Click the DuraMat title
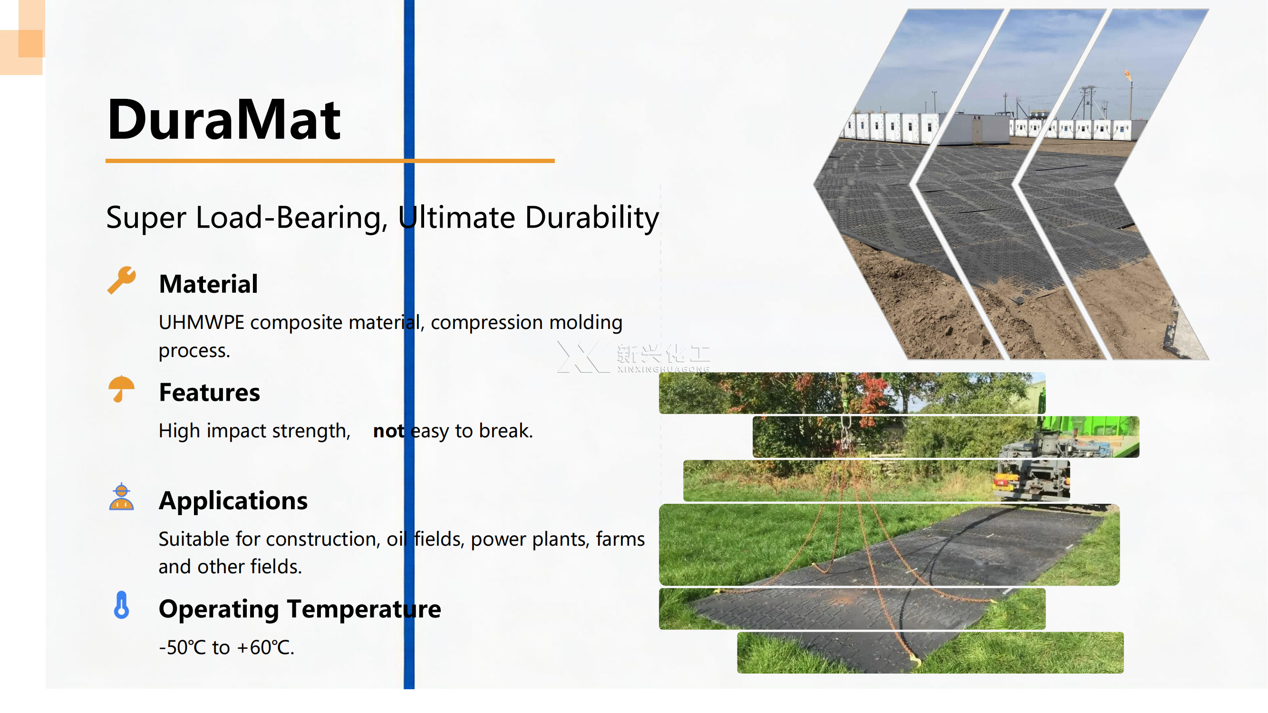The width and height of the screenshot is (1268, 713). pyautogui.click(x=224, y=120)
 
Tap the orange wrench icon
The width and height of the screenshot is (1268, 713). pyautogui.click(x=121, y=280)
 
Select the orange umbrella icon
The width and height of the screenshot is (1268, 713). pyautogui.click(x=121, y=389)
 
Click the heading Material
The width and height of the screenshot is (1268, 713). pyautogui.click(x=208, y=284)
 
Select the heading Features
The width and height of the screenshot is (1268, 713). pyautogui.click(x=209, y=392)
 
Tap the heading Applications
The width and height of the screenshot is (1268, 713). pyautogui.click(x=233, y=501)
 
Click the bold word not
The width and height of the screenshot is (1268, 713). pyautogui.click(x=388, y=431)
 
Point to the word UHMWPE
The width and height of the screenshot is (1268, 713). pyautogui.click(x=201, y=322)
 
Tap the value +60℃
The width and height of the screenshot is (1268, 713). pyautogui.click(x=265, y=647)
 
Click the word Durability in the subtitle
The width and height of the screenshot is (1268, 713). pyautogui.click(x=591, y=218)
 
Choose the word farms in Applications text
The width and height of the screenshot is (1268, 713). pyautogui.click(x=620, y=539)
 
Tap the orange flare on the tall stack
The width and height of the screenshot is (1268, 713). pyautogui.click(x=1127, y=75)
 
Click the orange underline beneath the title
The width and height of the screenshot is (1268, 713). pyautogui.click(x=330, y=161)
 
